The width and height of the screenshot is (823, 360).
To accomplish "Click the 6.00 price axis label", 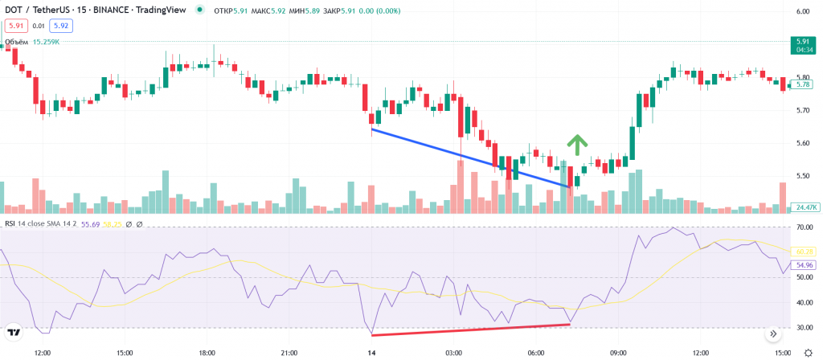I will pyautogui.click(x=802, y=12).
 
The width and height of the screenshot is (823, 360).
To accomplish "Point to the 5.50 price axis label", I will pyautogui.click(x=802, y=176).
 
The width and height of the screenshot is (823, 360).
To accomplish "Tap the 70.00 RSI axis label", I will pyautogui.click(x=802, y=227).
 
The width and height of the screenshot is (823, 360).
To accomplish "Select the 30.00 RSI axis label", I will pyautogui.click(x=802, y=328).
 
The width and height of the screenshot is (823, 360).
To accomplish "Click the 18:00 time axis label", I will pyautogui.click(x=207, y=353).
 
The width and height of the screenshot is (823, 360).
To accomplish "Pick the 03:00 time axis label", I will pyautogui.click(x=452, y=353).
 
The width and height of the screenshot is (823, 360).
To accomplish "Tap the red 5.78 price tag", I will pyautogui.click(x=801, y=84).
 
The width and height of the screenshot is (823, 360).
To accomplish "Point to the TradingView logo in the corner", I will pyautogui.click(x=14, y=332).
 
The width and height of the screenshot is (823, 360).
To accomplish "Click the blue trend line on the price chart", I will pyautogui.click(x=470, y=157).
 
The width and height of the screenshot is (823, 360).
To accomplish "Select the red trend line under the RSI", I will pyautogui.click(x=470, y=329).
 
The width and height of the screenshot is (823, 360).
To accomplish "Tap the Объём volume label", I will pyautogui.click(x=17, y=42).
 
